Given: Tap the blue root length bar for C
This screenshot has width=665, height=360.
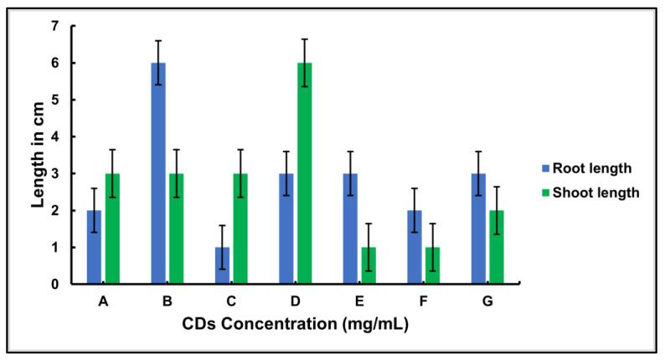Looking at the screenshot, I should (x=222, y=265).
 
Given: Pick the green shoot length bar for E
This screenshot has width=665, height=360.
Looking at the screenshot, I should (x=369, y=265).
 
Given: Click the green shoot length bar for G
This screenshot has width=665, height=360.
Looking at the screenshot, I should (x=497, y=247).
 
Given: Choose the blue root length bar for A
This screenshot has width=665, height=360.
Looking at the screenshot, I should (x=94, y=247).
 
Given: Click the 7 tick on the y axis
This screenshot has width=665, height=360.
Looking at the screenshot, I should (x=55, y=26).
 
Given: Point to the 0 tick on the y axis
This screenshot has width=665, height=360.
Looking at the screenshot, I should (x=55, y=285).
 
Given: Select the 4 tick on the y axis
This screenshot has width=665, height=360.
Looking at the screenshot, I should (x=55, y=136).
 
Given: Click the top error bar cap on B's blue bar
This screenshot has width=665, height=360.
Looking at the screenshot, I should (x=158, y=40).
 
